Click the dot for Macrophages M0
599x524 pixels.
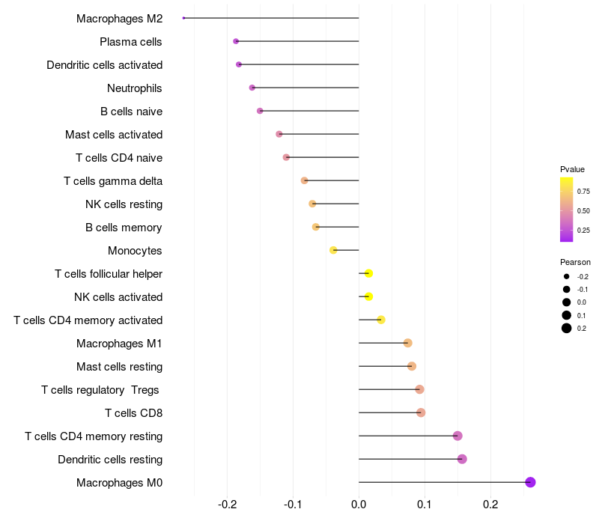point(530,482)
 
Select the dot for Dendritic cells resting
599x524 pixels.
point(462,459)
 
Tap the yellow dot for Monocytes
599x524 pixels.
point(333,250)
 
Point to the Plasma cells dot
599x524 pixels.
point(236,41)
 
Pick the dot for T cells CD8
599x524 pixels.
point(421,412)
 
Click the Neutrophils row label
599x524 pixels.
point(135,88)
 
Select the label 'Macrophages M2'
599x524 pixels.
point(119,19)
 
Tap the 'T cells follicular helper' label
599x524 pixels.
point(109,274)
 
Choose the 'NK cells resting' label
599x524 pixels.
point(124,204)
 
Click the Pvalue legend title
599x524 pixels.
point(572,169)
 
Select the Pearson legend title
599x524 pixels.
point(575,262)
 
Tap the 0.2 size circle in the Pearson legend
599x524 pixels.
point(567,328)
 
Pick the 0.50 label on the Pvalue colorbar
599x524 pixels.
point(583,211)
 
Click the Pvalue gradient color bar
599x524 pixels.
point(567,210)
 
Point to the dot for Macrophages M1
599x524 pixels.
point(407,343)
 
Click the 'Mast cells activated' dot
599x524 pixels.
point(279,134)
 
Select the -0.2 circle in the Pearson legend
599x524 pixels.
point(567,276)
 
